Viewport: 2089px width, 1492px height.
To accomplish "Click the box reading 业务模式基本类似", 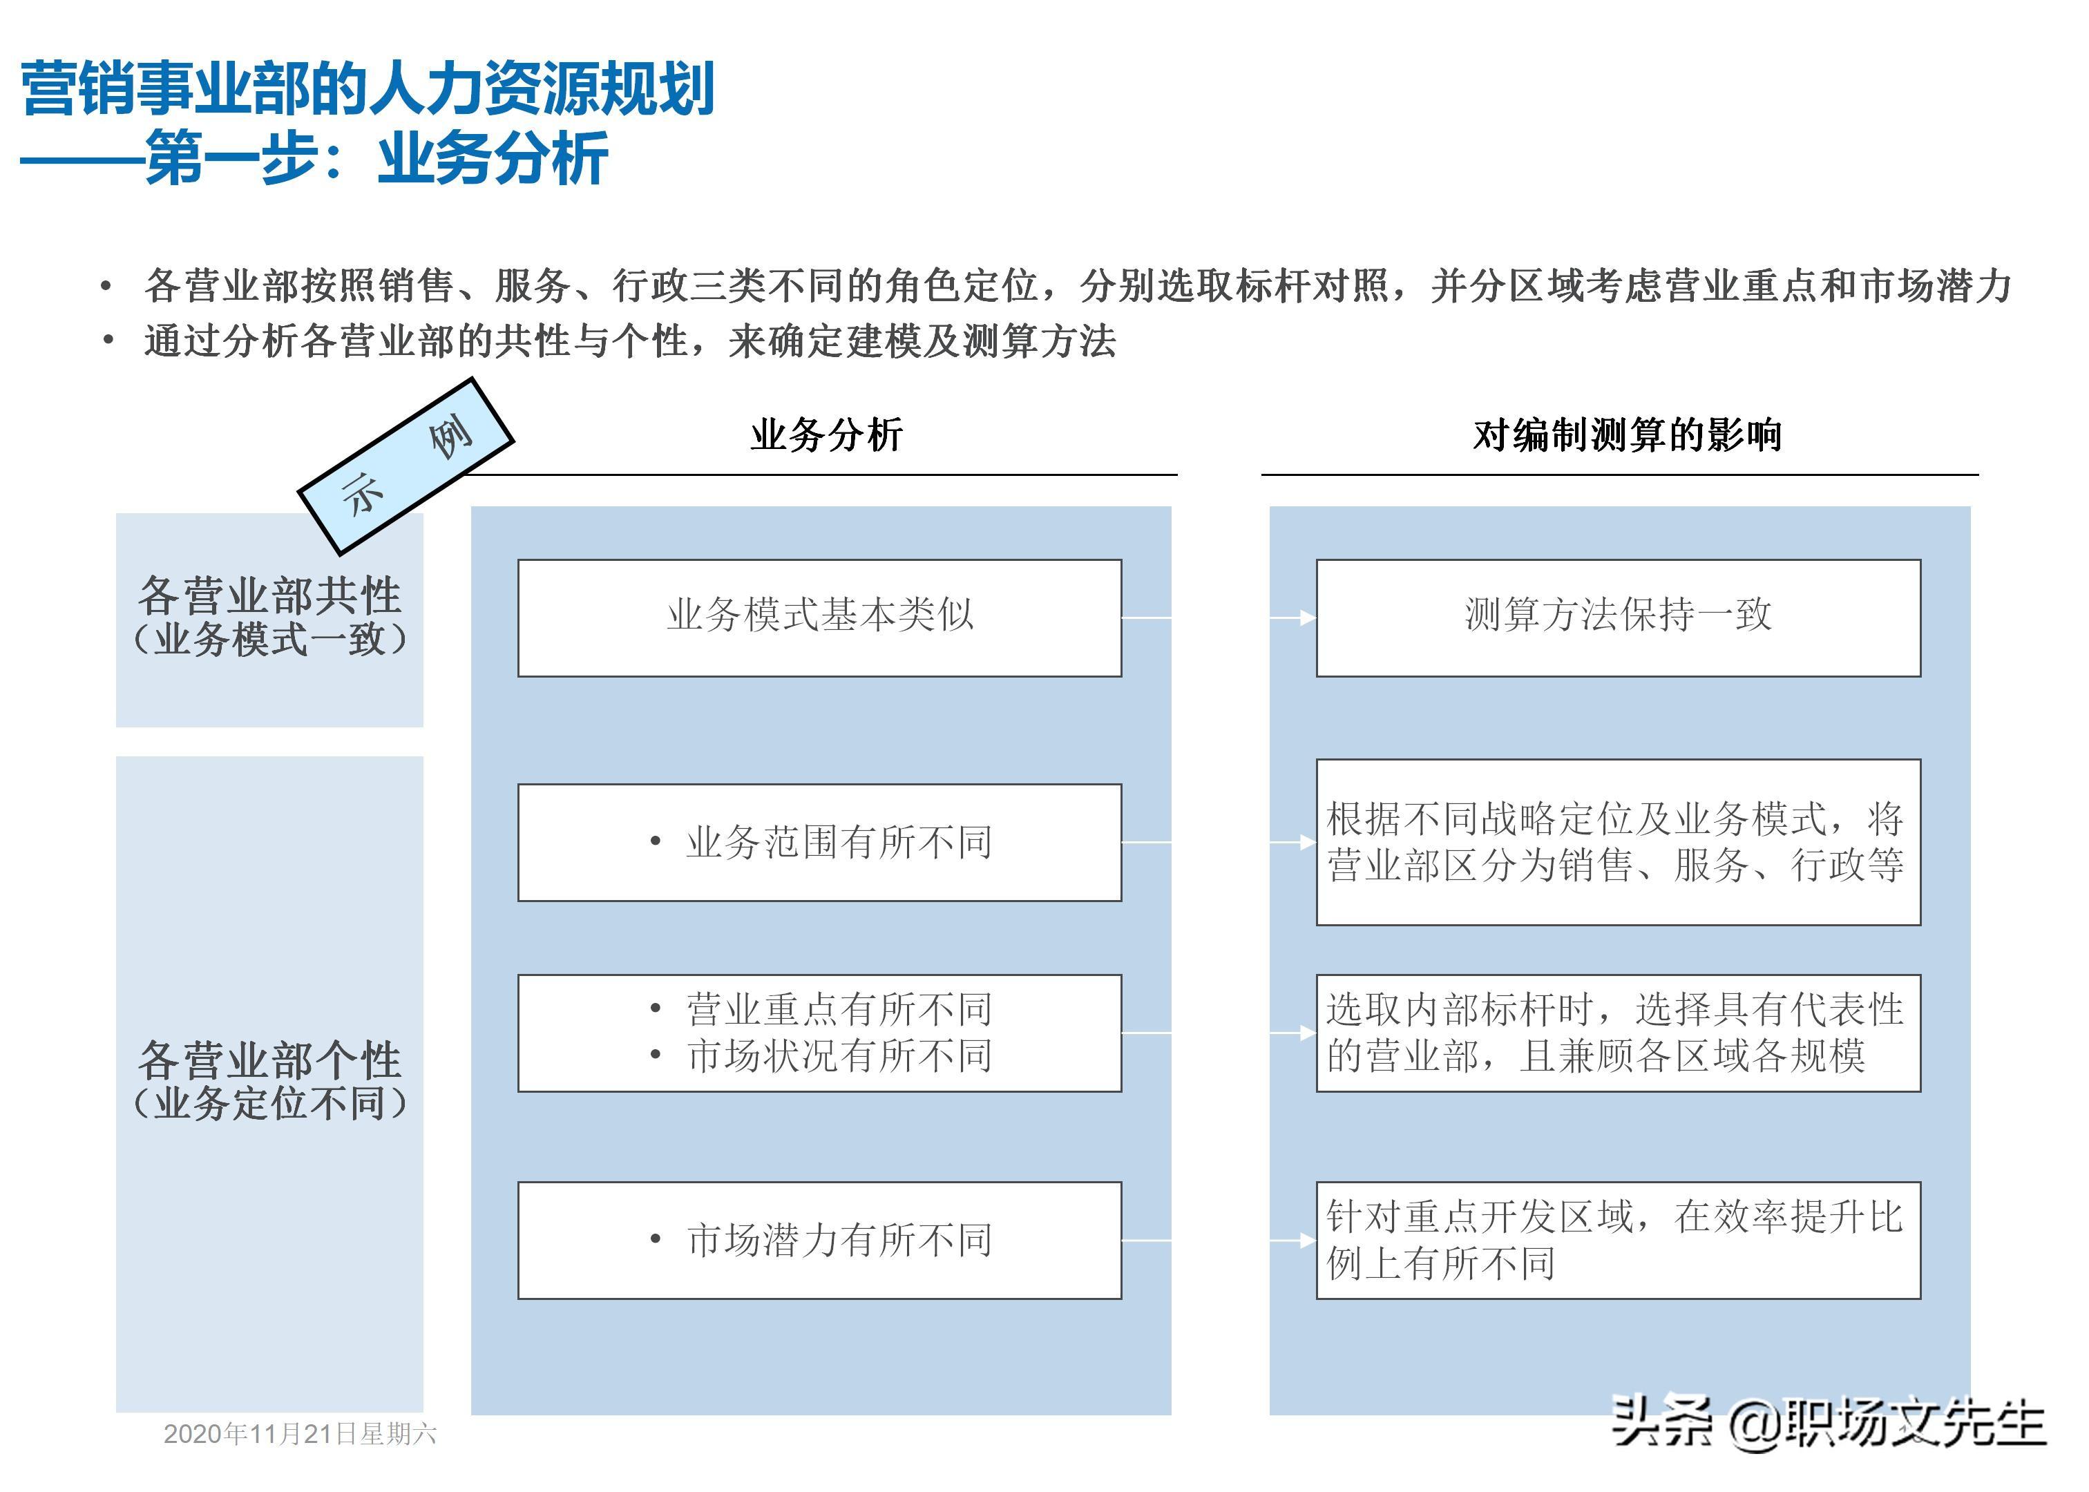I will tap(819, 618).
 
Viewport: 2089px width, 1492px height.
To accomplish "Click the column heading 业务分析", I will tap(826, 434).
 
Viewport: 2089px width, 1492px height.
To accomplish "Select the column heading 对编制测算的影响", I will tap(1627, 434).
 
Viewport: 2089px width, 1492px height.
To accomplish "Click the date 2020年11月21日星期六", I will tap(300, 1434).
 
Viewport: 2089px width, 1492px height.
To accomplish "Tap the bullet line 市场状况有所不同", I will tap(838, 1055).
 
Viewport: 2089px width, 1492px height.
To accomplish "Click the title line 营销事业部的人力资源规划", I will tap(368, 89).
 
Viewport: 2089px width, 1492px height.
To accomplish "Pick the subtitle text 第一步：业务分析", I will tap(376, 159).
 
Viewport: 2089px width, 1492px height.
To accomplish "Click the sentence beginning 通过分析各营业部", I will tap(629, 341).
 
